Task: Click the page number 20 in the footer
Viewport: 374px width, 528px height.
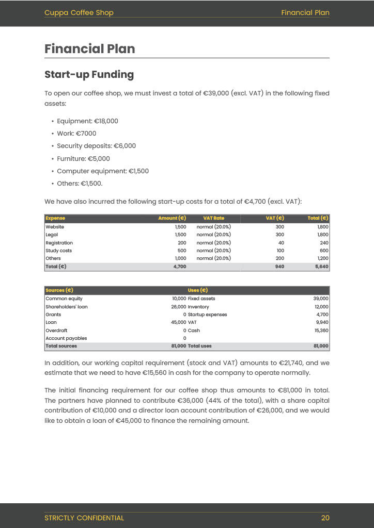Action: pos(325,518)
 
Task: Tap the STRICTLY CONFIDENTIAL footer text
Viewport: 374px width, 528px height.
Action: pos(84,518)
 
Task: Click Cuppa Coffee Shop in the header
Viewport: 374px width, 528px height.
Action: pos(79,12)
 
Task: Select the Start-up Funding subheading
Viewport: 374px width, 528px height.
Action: pos(89,75)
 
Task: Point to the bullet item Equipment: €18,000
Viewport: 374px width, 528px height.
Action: pos(87,121)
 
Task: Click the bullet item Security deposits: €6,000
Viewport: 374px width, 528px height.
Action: pos(96,146)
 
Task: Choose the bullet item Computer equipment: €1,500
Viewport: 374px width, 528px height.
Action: pos(102,171)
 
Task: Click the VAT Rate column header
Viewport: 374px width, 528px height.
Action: pos(213,219)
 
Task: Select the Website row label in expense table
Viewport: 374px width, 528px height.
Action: pos(55,227)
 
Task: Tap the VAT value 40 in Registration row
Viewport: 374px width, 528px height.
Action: pos(280,243)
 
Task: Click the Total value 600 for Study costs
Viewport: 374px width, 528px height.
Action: pos(323,251)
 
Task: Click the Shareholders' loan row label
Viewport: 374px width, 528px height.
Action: pos(66,307)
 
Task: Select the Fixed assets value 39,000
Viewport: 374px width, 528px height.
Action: pos(320,299)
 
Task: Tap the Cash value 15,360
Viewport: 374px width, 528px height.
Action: pos(320,331)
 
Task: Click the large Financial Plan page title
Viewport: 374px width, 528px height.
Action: pos(90,49)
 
